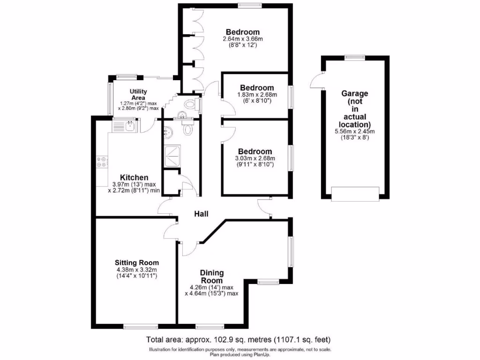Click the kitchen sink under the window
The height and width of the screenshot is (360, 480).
click(x=124, y=126)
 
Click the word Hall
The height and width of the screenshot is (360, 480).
click(x=202, y=214)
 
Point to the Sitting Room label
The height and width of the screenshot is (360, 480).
click(x=137, y=262)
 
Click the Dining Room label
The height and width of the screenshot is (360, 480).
click(x=212, y=277)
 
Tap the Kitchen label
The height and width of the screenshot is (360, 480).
click(x=134, y=178)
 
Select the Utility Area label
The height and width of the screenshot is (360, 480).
click(x=139, y=94)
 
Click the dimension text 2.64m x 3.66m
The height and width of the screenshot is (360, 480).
click(x=242, y=39)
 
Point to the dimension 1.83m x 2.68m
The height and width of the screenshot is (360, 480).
click(x=257, y=94)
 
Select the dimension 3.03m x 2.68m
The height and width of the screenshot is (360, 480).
click(x=255, y=158)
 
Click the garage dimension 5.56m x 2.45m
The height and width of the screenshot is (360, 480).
click(x=355, y=132)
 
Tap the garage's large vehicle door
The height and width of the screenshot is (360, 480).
click(x=355, y=194)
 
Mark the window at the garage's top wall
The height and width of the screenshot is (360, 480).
click(x=355, y=57)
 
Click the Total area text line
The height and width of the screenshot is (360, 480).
click(x=240, y=339)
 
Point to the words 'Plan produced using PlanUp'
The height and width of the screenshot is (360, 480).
click(x=240, y=354)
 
